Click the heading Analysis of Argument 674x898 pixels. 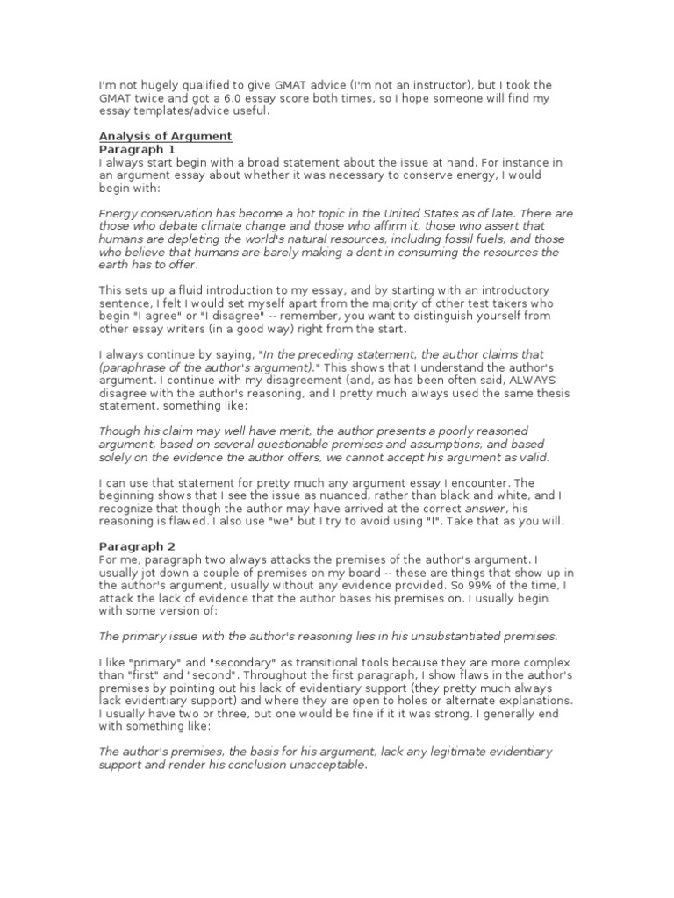(x=165, y=136)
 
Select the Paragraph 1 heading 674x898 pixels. (x=138, y=149)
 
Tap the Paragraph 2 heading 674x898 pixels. (x=138, y=545)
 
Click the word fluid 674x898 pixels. (x=194, y=290)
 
